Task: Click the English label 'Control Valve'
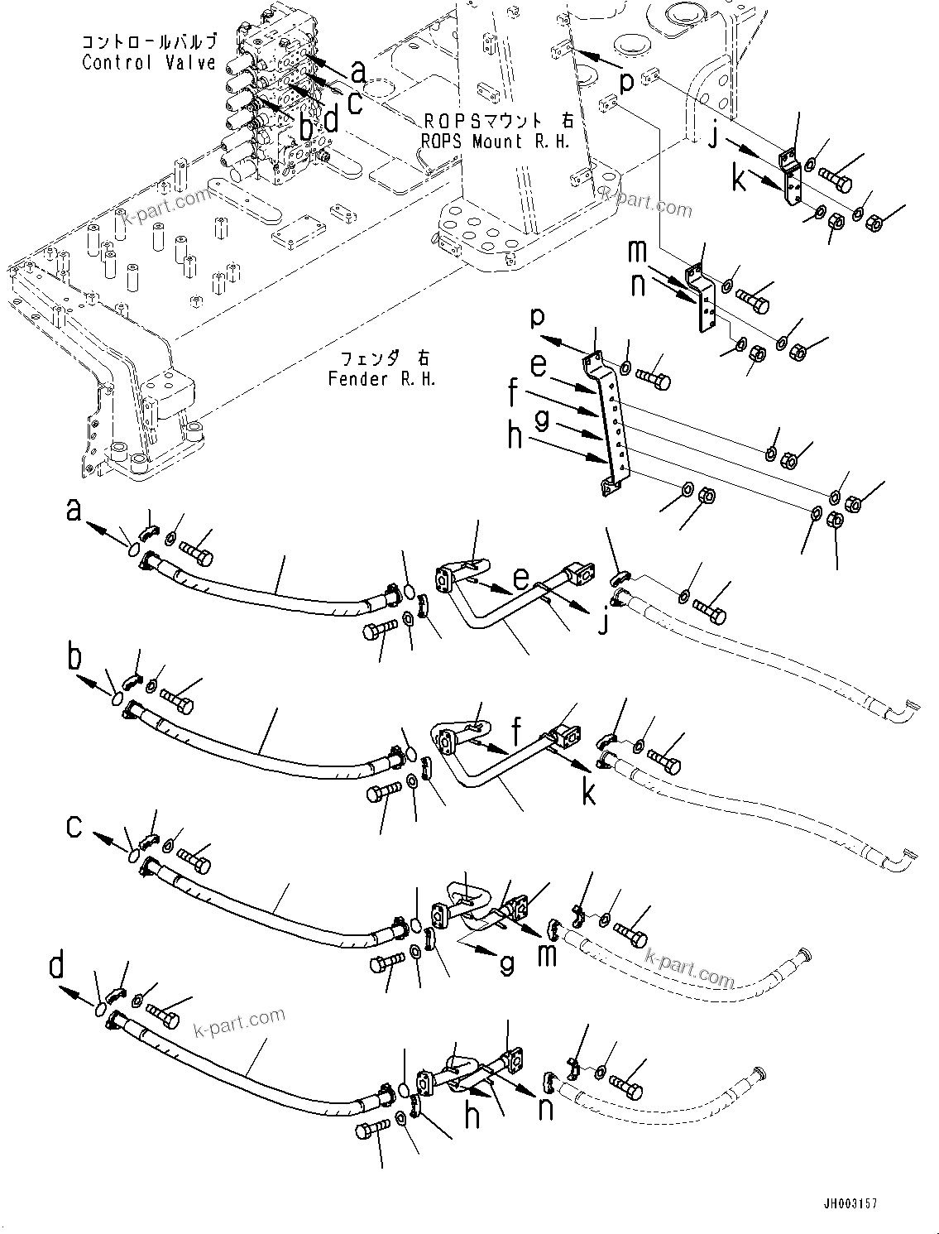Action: point(149,63)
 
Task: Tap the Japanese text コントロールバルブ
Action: point(149,41)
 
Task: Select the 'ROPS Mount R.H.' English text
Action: point(496,142)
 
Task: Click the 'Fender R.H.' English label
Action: point(381,379)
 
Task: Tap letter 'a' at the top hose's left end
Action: point(74,513)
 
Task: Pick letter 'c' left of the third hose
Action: point(74,825)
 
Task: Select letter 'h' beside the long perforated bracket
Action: point(515,437)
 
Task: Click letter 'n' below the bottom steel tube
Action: point(545,1108)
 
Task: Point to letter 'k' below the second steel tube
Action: point(588,793)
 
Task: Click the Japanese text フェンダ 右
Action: point(381,360)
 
